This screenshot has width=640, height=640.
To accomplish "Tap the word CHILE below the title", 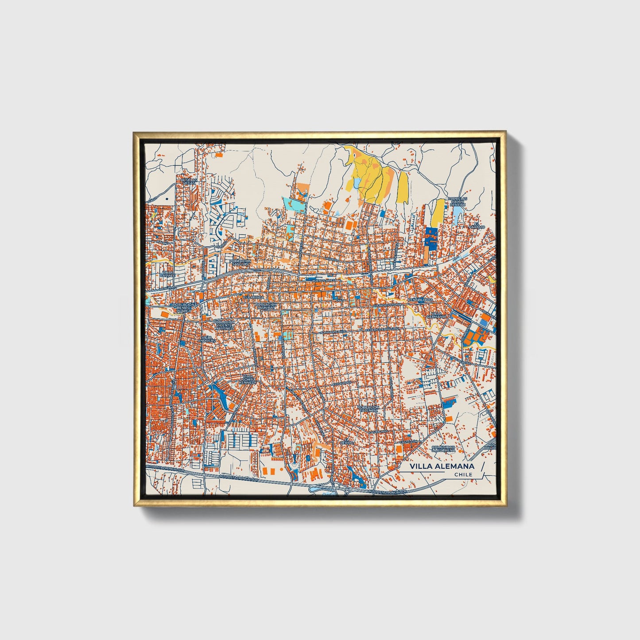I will (x=463, y=474).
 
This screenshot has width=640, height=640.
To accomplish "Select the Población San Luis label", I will (x=240, y=263).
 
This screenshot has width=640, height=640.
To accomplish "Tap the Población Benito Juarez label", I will (x=183, y=308).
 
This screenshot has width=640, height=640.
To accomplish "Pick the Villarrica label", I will (x=253, y=297).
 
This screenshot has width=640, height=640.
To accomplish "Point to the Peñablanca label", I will (x=420, y=300).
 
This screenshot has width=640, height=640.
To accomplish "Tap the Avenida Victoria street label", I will (x=387, y=305).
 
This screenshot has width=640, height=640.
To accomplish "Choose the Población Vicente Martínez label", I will (x=224, y=325).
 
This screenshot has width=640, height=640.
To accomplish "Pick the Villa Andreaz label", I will (x=207, y=339).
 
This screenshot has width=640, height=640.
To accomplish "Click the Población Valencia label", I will (x=368, y=408).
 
